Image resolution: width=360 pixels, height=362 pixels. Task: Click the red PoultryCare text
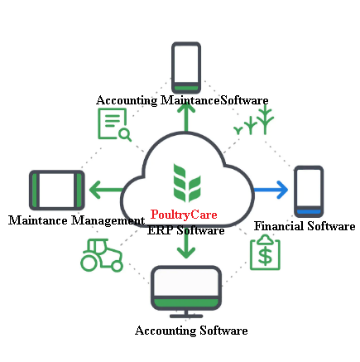(x=184, y=215)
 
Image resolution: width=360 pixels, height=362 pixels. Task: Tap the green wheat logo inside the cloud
(x=187, y=183)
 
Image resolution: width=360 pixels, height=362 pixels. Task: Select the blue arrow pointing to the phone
(x=271, y=190)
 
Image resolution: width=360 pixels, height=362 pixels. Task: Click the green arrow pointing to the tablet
(x=106, y=190)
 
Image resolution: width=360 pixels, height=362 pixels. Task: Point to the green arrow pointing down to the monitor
(x=186, y=246)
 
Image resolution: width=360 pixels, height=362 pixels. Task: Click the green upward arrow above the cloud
(x=186, y=118)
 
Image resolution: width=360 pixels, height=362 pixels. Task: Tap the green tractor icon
(x=102, y=255)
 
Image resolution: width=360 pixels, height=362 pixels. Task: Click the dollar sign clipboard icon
(x=265, y=253)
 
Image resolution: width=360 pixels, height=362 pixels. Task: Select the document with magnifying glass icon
(x=114, y=124)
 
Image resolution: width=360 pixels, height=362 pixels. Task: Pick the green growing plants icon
(x=254, y=121)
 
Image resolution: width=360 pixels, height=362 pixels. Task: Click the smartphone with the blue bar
(x=309, y=191)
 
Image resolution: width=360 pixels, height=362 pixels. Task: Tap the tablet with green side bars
(x=57, y=190)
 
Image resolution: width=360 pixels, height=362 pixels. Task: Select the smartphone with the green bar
(x=186, y=68)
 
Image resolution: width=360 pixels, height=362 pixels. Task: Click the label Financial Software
(x=305, y=226)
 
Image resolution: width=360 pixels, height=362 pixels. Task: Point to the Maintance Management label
(x=76, y=220)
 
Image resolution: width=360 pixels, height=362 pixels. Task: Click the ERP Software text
(x=185, y=230)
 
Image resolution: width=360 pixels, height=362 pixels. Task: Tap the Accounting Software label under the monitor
(x=191, y=331)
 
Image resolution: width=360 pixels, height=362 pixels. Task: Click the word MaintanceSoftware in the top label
(x=214, y=100)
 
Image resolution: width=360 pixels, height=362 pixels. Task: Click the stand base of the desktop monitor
(x=186, y=316)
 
